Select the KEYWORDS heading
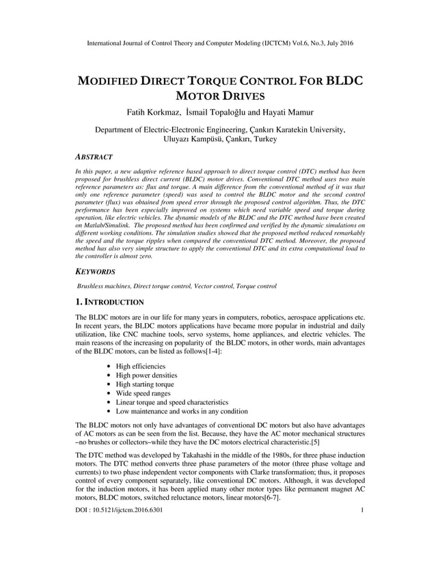(x=96, y=271)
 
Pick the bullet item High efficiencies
(x=140, y=367)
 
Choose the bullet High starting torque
(x=144, y=384)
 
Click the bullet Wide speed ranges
(x=142, y=394)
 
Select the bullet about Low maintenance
(x=181, y=412)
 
